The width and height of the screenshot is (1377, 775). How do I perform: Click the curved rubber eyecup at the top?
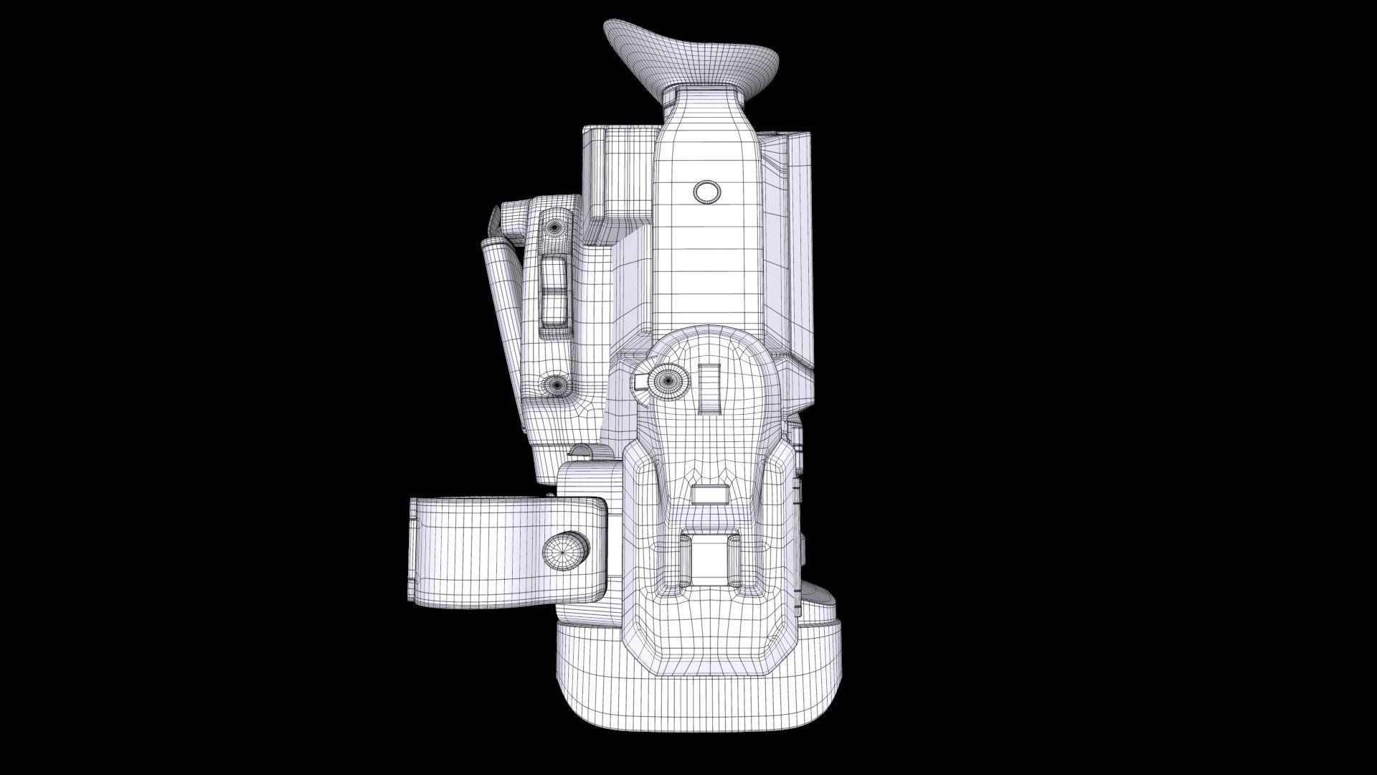click(692, 57)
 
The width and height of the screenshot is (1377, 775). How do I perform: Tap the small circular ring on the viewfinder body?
click(706, 192)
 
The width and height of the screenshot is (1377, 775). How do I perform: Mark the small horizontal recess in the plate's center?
click(711, 495)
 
